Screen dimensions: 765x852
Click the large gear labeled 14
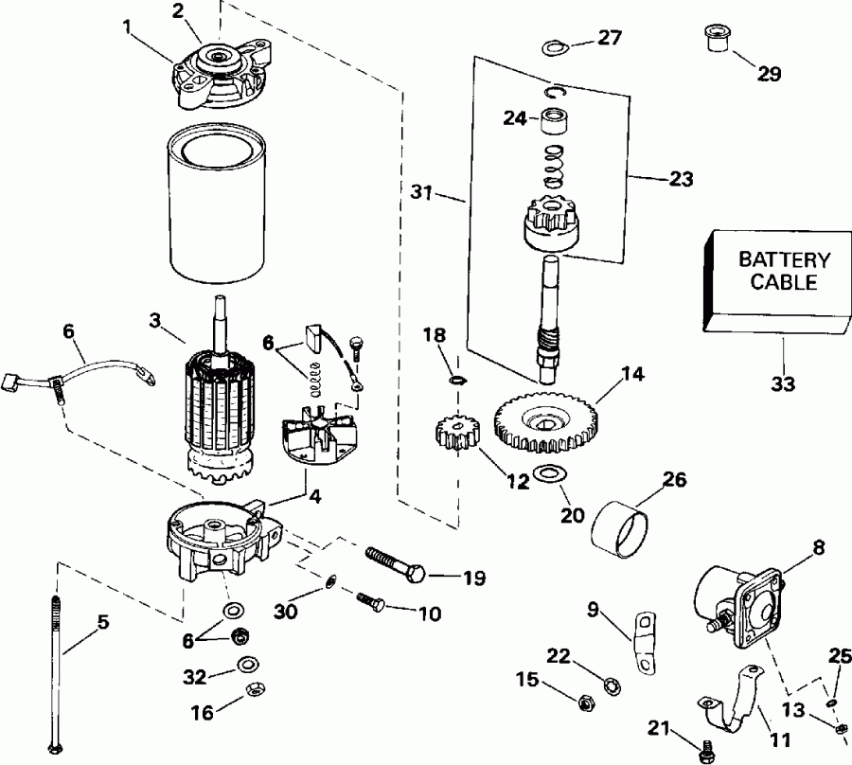539,417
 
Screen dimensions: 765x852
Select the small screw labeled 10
369,600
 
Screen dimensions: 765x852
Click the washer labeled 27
554,47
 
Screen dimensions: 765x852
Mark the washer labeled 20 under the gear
546,472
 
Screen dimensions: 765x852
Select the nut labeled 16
252,688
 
